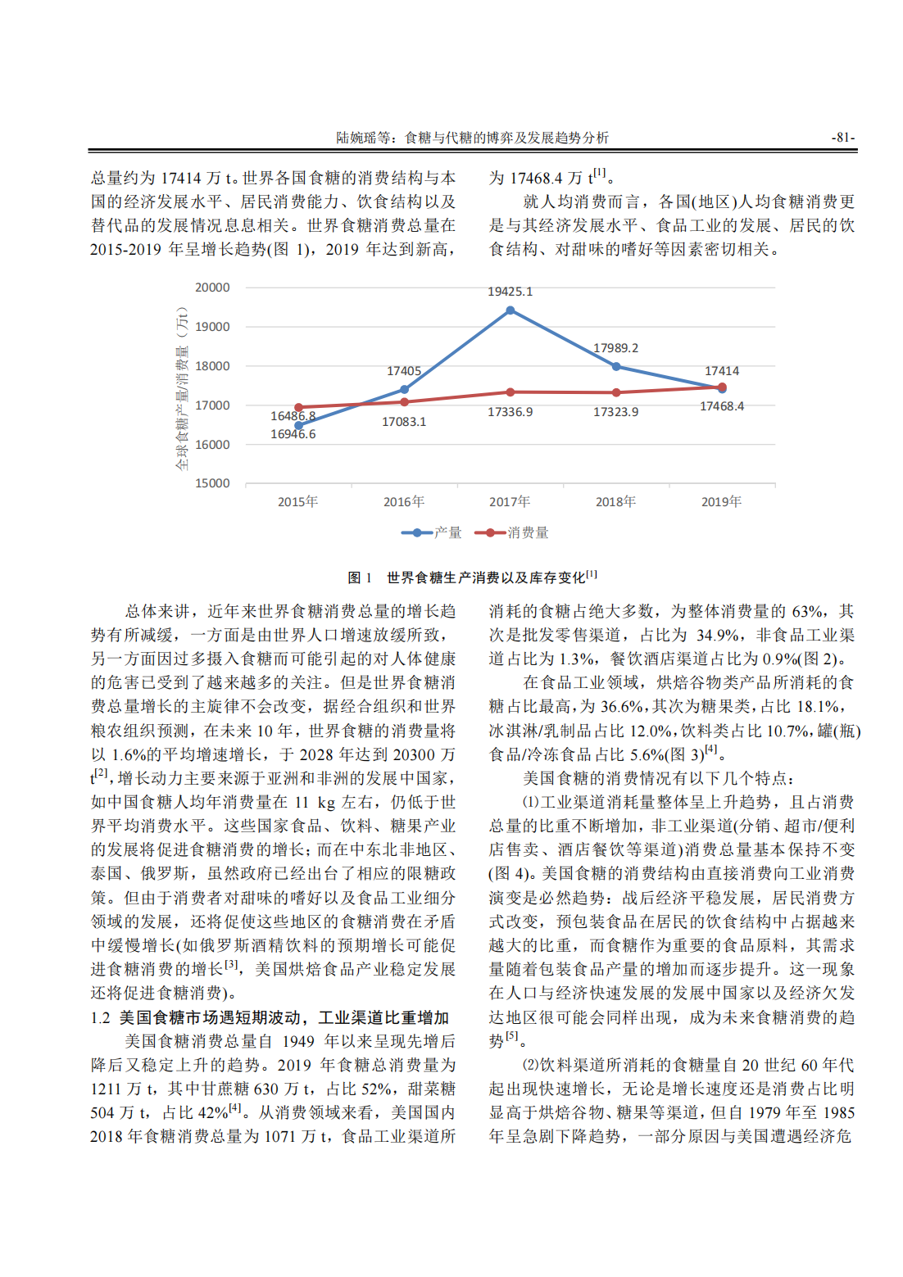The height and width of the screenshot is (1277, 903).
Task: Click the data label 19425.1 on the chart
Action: click(510, 292)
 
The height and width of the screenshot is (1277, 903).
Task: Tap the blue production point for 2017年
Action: click(510, 310)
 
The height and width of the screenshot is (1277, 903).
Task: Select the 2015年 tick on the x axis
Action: click(297, 501)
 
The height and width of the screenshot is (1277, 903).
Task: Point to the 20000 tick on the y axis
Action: click(212, 288)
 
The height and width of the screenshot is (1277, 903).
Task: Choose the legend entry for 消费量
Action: click(517, 533)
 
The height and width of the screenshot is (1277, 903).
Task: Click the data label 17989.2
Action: click(615, 348)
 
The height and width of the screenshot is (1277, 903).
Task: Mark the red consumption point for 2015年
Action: click(298, 407)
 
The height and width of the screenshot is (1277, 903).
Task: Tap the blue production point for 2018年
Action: click(616, 366)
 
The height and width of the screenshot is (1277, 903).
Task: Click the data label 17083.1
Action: click(404, 422)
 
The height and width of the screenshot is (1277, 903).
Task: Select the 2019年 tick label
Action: click(721, 501)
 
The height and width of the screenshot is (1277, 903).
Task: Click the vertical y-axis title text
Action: click(182, 388)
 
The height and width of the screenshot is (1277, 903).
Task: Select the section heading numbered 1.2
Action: click(270, 1017)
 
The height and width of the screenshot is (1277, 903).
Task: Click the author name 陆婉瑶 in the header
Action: click(356, 138)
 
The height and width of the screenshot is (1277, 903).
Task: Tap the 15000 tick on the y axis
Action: click(212, 483)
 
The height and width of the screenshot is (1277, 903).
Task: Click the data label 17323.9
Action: click(615, 412)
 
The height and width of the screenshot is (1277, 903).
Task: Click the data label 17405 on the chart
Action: click(404, 371)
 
